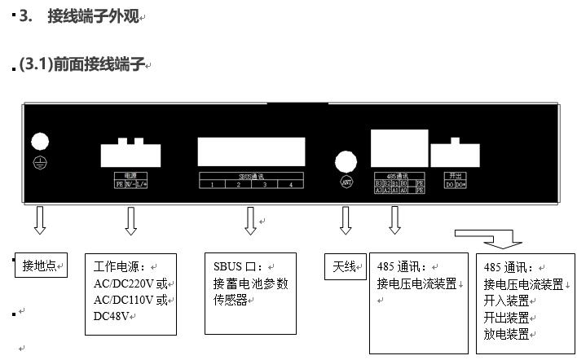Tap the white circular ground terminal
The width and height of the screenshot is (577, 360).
pos(40,141)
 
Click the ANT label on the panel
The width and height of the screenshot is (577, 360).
pos(346,182)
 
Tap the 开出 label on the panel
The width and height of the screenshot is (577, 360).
pos(455,175)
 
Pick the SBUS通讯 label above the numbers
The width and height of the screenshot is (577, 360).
pos(251,175)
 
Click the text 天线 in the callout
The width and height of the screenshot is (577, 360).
pos(345,266)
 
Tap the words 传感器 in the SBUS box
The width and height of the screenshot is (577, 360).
pos(231,300)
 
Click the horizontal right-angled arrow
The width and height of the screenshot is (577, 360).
pos(489,238)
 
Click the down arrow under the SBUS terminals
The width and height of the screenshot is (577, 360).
pos(250,220)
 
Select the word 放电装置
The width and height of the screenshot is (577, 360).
pos(506,334)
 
